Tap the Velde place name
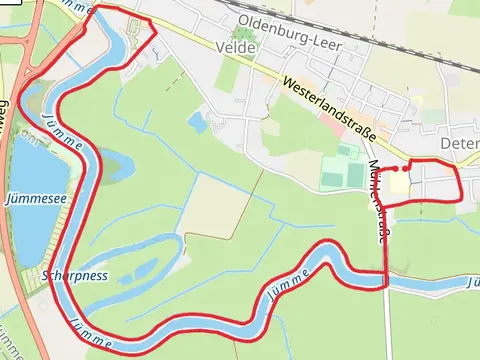click(x=243, y=47)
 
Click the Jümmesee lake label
click(x=35, y=199)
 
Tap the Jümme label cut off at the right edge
click(x=472, y=283)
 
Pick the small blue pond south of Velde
click(x=196, y=121)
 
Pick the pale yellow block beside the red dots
click(x=399, y=185)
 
